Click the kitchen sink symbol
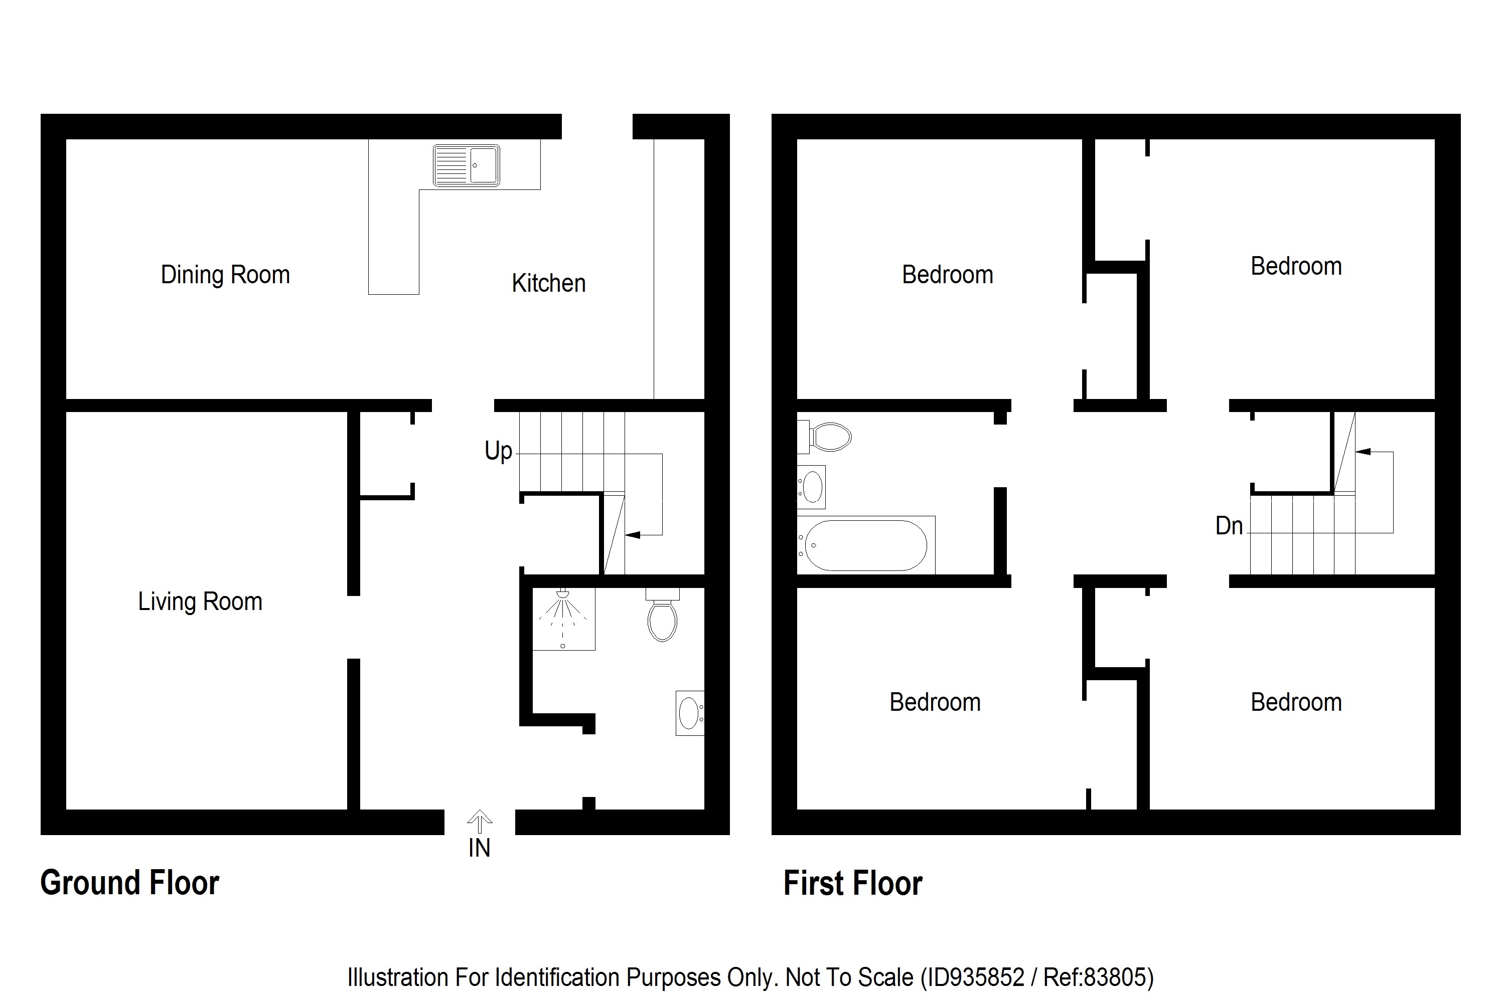click(x=466, y=165)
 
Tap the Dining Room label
click(x=225, y=275)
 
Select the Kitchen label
click(x=548, y=283)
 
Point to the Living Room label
click(x=200, y=602)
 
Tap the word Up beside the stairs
click(x=498, y=451)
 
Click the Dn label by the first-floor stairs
click(x=1229, y=526)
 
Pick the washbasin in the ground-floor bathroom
click(x=689, y=713)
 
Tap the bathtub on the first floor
click(x=865, y=545)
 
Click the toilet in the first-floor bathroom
click(x=827, y=438)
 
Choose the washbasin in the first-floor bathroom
click(x=811, y=487)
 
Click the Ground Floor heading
click(x=129, y=883)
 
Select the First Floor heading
click(x=853, y=884)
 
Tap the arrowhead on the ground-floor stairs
click(x=633, y=534)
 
